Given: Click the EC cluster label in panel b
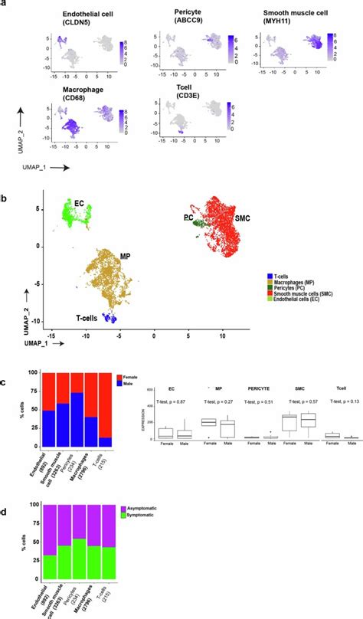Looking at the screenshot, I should [x=79, y=203].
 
